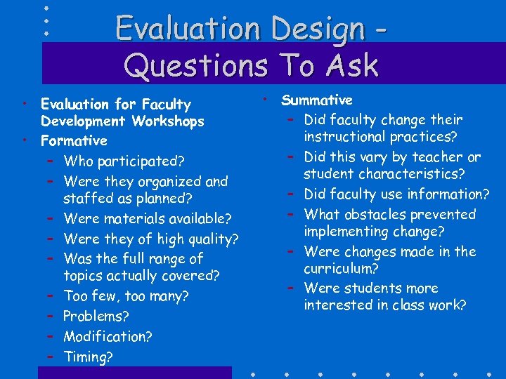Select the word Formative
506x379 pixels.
point(74,141)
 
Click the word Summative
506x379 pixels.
point(317,100)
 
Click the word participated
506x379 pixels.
point(141,161)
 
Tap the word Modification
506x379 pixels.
point(107,337)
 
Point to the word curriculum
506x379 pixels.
point(339,269)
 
